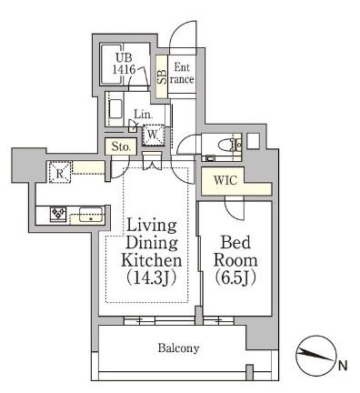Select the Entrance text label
tap(182, 73)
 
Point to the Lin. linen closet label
tap(142, 114)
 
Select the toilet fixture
tap(227, 144)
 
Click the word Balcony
tap(178, 348)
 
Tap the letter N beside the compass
tap(342, 367)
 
